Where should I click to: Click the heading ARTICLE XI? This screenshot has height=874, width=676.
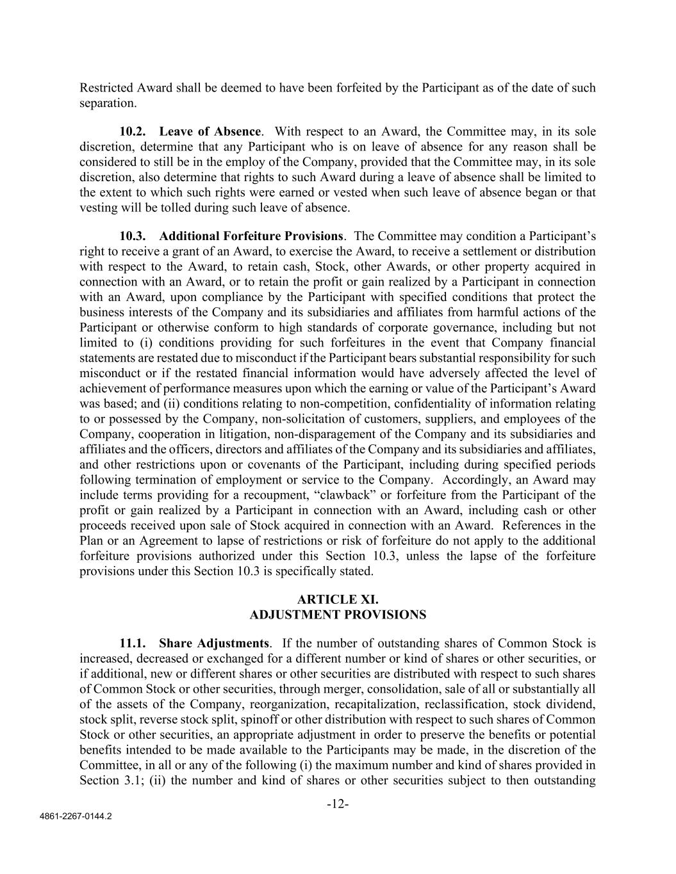[x=338, y=599]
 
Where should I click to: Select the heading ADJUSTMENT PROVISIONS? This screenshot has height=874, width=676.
[x=338, y=615]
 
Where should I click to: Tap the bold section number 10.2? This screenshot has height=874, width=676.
[x=132, y=132]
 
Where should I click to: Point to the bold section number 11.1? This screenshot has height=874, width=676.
[x=132, y=643]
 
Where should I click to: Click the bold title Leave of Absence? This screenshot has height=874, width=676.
[x=210, y=132]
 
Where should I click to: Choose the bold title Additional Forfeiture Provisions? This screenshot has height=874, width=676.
[x=251, y=236]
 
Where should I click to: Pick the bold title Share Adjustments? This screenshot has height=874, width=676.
[x=214, y=643]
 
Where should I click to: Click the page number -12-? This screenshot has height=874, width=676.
[x=338, y=804]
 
